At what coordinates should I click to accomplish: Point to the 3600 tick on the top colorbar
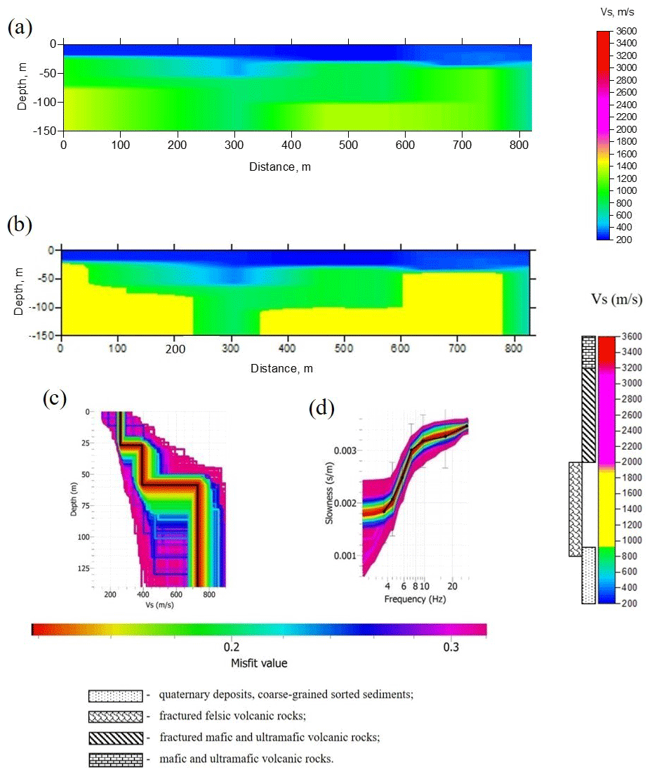(627, 32)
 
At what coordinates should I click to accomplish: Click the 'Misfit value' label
(259, 663)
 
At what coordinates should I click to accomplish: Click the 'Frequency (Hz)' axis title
(415, 599)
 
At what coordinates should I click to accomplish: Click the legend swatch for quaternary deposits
(114, 696)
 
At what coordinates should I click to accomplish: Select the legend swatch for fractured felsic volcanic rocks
(114, 717)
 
